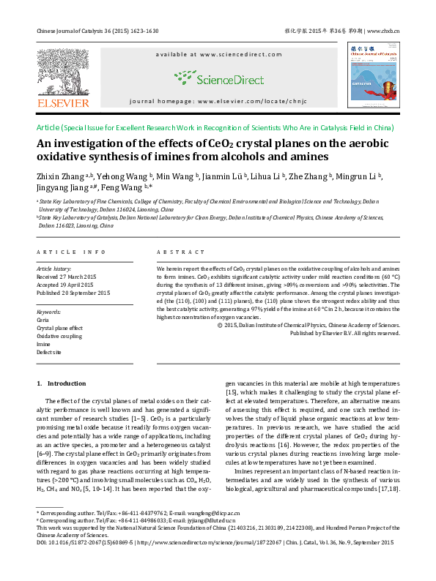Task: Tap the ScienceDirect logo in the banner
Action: (x=218, y=76)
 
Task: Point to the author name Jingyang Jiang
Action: (x=64, y=188)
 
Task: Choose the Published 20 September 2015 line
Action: (x=73, y=293)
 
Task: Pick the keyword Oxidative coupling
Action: (x=59, y=336)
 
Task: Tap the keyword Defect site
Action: (x=49, y=352)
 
